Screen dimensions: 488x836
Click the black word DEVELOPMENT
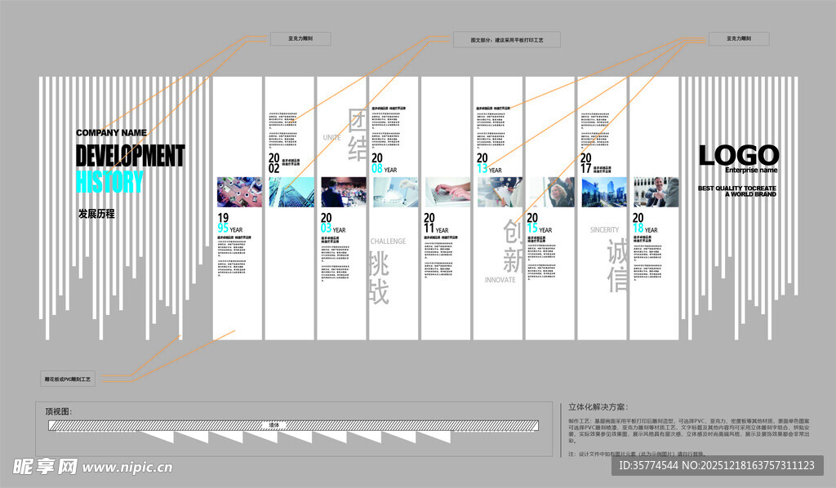[130, 155]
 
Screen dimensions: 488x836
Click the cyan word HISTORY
[109, 181]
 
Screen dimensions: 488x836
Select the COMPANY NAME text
[111, 132]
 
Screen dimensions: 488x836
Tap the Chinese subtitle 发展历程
[96, 214]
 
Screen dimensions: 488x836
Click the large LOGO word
[738, 154]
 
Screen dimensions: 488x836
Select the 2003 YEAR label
[332, 224]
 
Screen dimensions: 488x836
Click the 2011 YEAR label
[436, 224]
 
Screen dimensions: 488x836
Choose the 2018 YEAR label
[644, 224]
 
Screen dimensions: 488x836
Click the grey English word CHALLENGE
[388, 242]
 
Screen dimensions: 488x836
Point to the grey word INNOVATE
[500, 280]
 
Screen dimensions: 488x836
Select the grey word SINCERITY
[605, 230]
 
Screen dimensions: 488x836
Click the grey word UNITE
[331, 137]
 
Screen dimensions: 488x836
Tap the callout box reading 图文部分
[506, 39]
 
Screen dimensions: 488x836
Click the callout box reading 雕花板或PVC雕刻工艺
[69, 379]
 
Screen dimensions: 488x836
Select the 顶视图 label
[60, 411]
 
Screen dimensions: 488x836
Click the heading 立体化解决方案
[598, 406]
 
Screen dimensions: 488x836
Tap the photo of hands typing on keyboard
[447, 192]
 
